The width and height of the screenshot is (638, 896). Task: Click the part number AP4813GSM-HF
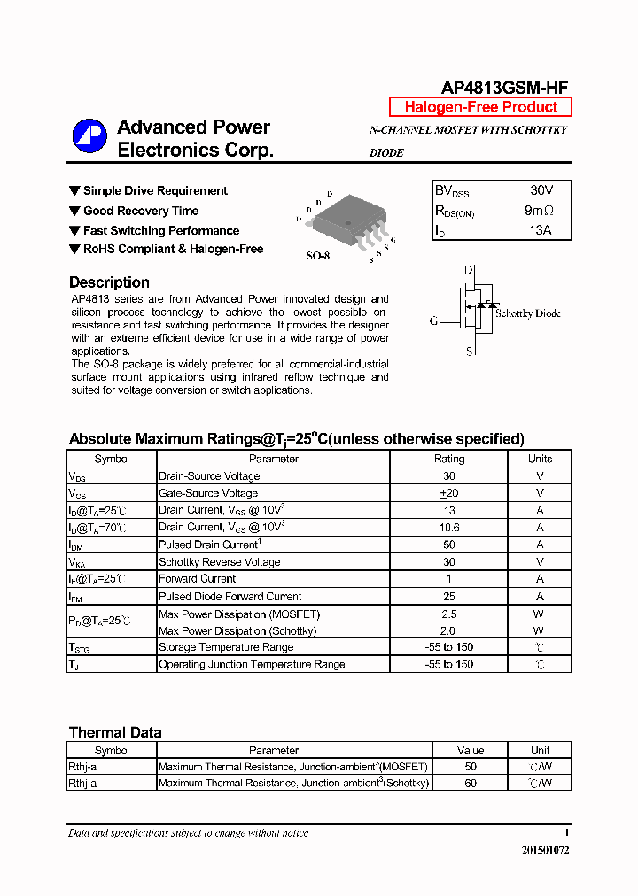pos(504,87)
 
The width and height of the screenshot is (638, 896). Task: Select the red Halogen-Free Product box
pos(481,107)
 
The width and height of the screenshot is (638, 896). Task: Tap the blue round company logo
pos(89,136)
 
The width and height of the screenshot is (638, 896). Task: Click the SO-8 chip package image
pos(349,219)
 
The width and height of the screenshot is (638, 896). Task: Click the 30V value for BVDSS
pos(541,190)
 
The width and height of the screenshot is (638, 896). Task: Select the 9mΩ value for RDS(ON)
pos(539,211)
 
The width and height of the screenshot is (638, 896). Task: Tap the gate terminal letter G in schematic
pos(434,321)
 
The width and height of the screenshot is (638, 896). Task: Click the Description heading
pos(109,282)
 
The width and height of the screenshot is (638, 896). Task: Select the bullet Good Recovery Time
pos(140,211)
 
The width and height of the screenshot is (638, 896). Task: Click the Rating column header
pos(448,459)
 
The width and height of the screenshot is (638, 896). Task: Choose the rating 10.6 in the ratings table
pos(448,528)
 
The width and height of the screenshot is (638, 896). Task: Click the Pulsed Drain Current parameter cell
pos(209,545)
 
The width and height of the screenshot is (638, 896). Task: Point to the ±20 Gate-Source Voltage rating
pos(448,493)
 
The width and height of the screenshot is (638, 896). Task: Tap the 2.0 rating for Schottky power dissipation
pos(447,631)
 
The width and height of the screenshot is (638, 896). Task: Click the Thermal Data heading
pos(115,732)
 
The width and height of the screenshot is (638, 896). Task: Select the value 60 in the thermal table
pos(470,784)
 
